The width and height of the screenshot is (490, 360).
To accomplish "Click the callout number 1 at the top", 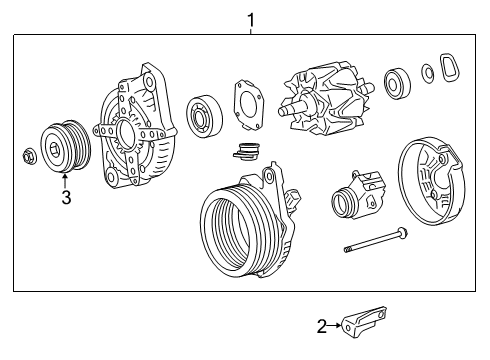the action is [250, 20].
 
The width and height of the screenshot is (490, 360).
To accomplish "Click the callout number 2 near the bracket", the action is [322, 326].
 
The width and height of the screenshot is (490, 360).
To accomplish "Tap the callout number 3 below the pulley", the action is [66, 198].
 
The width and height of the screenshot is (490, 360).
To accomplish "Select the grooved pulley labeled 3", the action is [65, 146].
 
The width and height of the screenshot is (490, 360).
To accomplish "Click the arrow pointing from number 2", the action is [334, 325].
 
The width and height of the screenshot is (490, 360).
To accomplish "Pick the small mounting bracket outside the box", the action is [364, 322].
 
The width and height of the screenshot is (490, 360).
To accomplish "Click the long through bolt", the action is [376, 240].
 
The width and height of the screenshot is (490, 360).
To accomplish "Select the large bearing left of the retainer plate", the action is [205, 115].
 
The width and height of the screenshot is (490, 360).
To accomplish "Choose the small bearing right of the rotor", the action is [397, 83].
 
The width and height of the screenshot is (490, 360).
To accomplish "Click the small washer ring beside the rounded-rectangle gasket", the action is [428, 73].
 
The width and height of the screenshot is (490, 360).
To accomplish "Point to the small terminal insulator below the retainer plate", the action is [246, 151].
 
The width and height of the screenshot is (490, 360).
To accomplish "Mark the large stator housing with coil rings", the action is [247, 221].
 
